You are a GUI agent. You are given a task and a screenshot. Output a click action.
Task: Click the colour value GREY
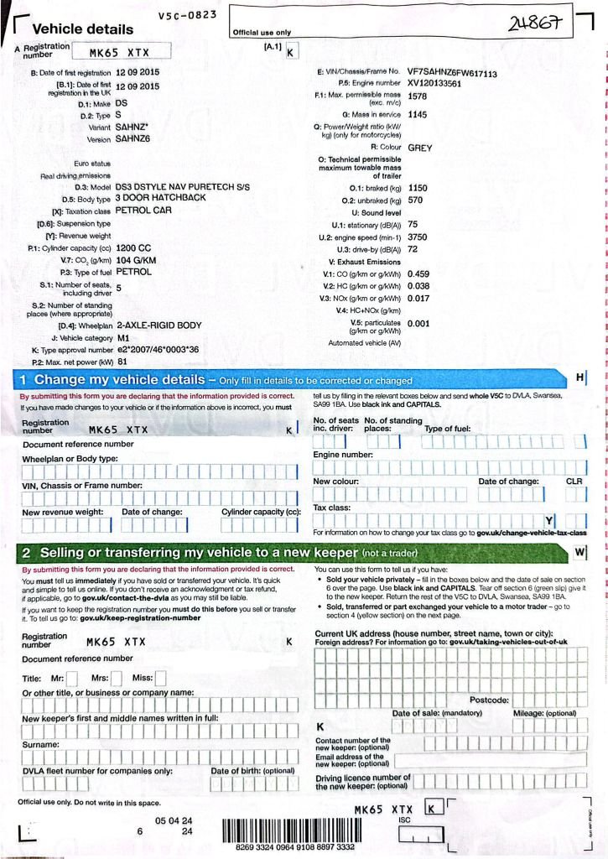pos(419,148)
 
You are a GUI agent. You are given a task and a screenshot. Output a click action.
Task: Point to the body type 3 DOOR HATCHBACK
pos(160,198)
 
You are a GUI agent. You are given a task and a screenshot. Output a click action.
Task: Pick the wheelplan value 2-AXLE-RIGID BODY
pos(158,325)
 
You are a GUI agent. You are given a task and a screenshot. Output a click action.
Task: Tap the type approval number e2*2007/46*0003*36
pos(157,349)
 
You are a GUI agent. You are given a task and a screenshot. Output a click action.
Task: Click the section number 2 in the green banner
pos(26,553)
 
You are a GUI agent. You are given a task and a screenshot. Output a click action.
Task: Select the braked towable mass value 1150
pos(418,189)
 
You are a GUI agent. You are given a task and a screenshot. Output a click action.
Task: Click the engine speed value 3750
pos(418,237)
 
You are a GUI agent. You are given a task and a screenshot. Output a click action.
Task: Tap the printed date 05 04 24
pos(174,820)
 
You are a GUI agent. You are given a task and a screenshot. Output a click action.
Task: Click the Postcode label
pos(489,700)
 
